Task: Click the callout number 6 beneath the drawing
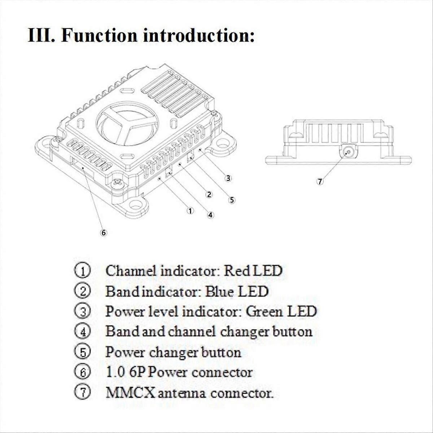tap(104, 233)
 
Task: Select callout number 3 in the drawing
tap(228, 178)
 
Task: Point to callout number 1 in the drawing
tap(190, 211)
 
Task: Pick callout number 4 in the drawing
tap(210, 215)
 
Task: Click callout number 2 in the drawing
tap(209, 194)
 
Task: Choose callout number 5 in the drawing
tap(232, 200)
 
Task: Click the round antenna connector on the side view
tap(348, 152)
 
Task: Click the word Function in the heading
tap(99, 35)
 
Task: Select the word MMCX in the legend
tap(130, 393)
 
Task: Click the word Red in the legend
tap(237, 271)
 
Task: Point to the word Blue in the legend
tap(219, 292)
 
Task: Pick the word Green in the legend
tap(264, 311)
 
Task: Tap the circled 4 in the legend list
tap(83, 332)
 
